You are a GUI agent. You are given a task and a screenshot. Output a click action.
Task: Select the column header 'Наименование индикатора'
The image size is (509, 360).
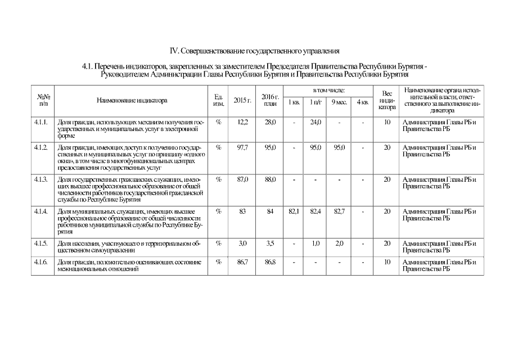coord(132,101)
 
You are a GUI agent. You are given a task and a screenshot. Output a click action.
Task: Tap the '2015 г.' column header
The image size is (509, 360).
coord(242,101)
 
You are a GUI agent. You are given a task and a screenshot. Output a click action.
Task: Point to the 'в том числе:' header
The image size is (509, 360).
coord(328,91)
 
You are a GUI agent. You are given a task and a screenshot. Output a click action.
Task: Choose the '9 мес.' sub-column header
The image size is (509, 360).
coord(339,102)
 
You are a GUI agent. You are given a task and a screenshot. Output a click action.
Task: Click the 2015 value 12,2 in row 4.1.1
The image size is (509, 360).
coord(243,121)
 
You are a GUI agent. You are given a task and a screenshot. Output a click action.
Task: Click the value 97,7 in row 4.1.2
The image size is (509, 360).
coord(243,147)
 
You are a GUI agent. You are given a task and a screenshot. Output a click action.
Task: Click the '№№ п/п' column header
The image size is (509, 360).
coord(40,101)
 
